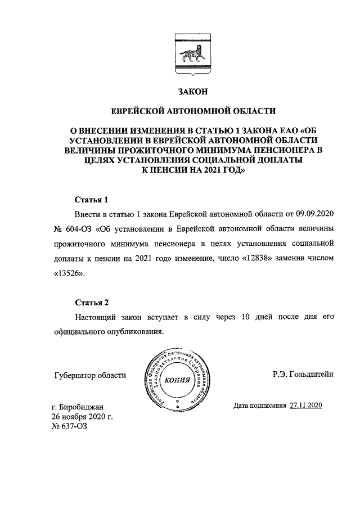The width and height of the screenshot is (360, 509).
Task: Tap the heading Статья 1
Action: coord(91,200)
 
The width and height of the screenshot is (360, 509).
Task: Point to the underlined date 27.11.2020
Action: coord(306,405)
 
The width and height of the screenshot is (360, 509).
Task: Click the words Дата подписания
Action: coord(260,405)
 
